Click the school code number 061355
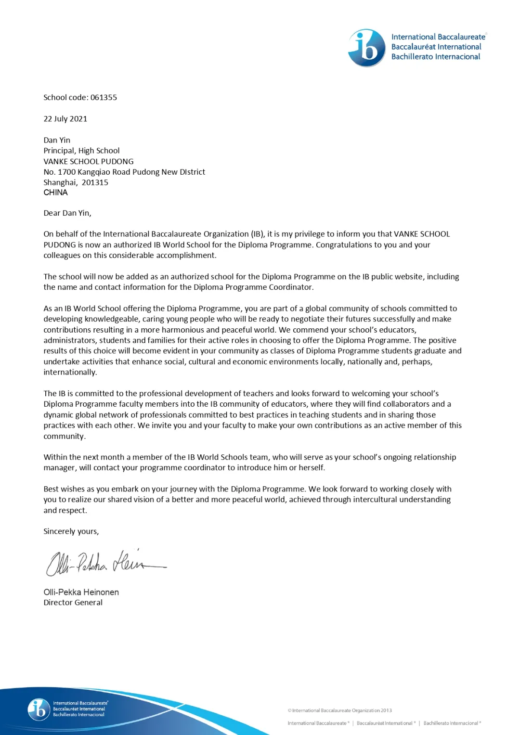point(104,97)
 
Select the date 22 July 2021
point(65,119)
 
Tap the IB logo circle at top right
point(367,48)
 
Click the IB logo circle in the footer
point(39,709)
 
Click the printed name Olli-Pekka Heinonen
point(81,592)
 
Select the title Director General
point(73,603)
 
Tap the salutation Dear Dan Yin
point(67,213)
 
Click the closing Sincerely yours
point(71,531)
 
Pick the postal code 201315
point(95,182)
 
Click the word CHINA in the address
point(55,193)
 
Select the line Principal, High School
point(81,151)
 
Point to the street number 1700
point(67,172)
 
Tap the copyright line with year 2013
point(340,710)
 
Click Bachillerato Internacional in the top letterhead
point(436,57)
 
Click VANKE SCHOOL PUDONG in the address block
point(89,161)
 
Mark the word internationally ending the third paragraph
point(69,373)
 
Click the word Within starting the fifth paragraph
point(55,457)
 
